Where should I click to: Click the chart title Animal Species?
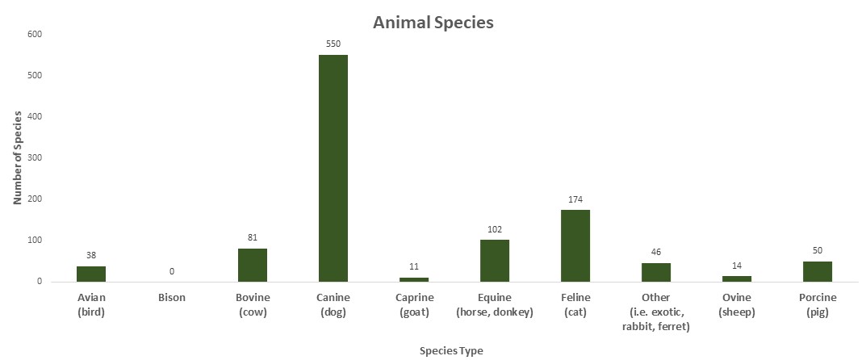(x=433, y=23)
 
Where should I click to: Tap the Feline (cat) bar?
(x=575, y=245)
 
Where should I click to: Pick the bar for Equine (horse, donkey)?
(x=495, y=260)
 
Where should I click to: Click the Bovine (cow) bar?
(x=253, y=265)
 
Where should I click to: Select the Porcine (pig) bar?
(x=818, y=271)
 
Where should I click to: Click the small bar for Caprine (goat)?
(x=414, y=279)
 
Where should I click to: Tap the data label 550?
(x=333, y=44)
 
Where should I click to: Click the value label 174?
(x=575, y=199)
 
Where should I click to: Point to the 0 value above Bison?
(x=172, y=271)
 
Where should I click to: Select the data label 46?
(x=656, y=252)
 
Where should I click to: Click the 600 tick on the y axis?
(x=35, y=34)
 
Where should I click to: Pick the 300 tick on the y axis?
(x=35, y=158)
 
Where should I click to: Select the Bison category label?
(x=172, y=297)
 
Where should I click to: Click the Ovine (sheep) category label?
(x=737, y=304)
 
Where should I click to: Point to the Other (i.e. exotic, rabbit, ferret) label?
(x=656, y=312)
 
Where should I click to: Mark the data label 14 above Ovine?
(x=737, y=265)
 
